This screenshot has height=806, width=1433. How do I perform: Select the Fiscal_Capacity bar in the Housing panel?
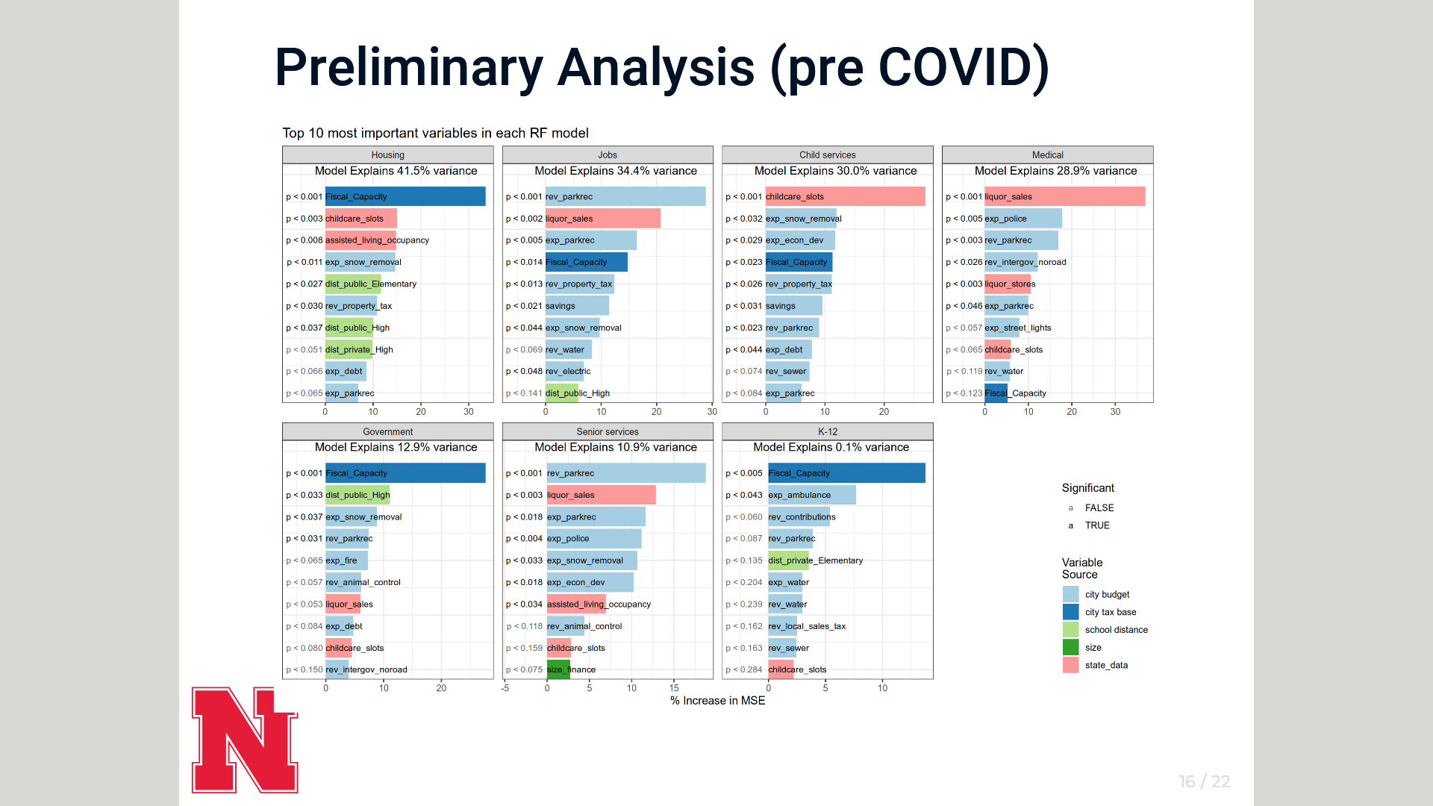[405, 197]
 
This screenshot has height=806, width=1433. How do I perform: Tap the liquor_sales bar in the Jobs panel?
[602, 219]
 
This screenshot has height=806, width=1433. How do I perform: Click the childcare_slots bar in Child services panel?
[845, 197]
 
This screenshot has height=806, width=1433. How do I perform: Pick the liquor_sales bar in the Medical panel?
[1064, 197]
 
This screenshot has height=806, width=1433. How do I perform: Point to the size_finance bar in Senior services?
[558, 669]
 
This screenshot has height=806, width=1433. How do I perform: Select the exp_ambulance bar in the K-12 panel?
[811, 495]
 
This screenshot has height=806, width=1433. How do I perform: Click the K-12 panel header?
[828, 431]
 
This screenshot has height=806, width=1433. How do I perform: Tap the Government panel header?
[388, 431]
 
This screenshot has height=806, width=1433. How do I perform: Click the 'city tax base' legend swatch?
[1071, 612]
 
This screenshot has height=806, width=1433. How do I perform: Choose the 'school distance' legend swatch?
[1071, 630]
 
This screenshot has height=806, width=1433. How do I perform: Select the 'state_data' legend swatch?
[1071, 665]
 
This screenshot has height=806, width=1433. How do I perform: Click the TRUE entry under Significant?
[1097, 525]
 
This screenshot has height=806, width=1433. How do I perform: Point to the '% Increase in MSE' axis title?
[717, 701]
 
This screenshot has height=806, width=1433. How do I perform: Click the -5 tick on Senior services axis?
[505, 688]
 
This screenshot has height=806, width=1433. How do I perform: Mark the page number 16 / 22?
[1204, 781]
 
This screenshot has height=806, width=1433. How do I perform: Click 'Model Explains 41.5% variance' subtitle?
[396, 171]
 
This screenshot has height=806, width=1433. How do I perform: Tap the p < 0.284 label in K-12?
[744, 669]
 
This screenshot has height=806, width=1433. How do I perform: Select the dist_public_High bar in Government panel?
[358, 495]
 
